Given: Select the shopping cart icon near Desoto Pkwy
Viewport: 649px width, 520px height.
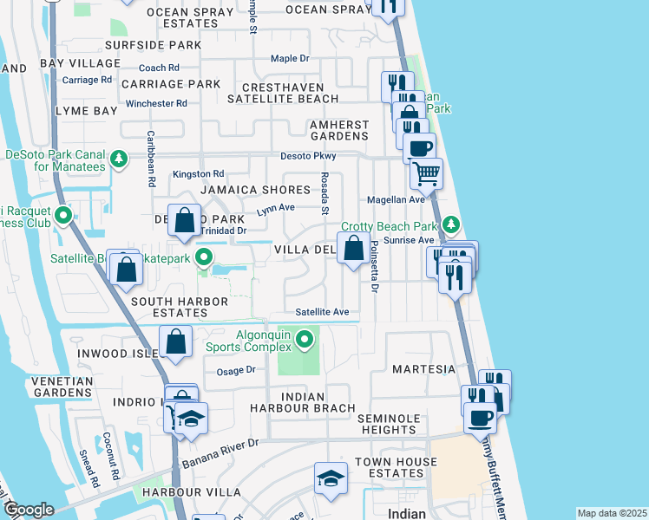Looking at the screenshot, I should point(426,174).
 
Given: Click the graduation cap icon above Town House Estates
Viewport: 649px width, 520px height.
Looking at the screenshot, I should point(331,479).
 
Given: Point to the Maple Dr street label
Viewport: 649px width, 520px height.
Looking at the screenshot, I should point(290,59).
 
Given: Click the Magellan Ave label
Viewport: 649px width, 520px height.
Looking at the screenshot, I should point(396,199).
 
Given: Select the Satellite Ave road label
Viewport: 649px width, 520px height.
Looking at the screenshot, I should point(321,312).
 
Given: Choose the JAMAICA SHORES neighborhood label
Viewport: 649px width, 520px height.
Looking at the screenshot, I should point(255,190).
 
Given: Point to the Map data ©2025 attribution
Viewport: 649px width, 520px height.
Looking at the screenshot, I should point(611,513).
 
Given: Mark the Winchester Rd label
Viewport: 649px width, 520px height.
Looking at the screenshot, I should point(156,103).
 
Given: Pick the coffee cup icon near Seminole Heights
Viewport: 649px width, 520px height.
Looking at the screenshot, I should point(480,418).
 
